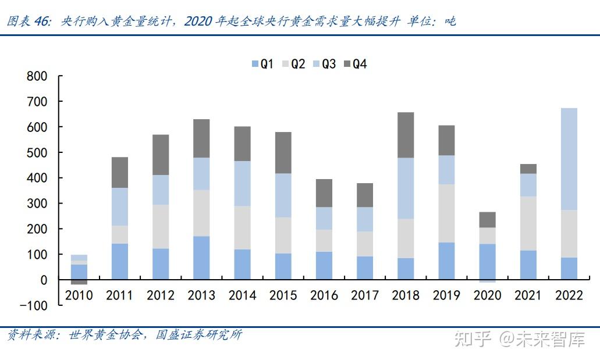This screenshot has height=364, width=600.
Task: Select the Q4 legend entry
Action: point(356,64)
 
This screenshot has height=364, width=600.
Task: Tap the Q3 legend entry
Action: point(324,64)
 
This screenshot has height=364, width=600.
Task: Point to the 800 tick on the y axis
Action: point(36,76)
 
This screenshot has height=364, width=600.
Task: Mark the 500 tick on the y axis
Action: point(36,152)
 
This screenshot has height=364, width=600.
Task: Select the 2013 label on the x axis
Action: point(201,295)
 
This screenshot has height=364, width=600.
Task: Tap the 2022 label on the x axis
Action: point(569,295)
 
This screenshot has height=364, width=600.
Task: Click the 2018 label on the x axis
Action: point(406,295)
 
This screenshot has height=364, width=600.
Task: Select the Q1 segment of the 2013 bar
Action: point(201,258)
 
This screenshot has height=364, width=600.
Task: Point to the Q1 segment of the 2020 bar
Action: point(487,262)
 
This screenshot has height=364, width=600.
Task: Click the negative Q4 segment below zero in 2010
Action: point(79,282)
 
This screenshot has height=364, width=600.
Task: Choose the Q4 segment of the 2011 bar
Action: point(120,172)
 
